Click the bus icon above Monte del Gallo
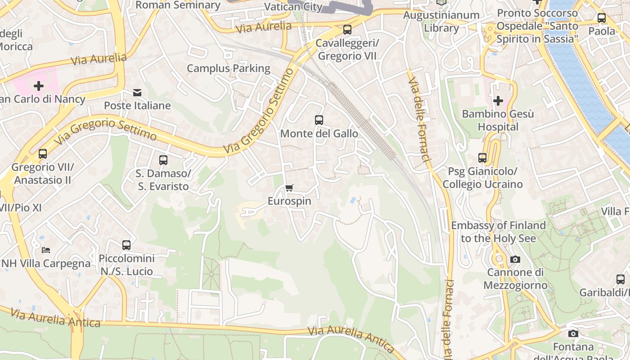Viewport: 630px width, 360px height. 319,120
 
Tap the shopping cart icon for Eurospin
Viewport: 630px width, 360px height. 289,188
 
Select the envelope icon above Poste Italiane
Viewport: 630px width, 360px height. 137,93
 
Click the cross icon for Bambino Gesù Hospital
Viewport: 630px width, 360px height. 498,100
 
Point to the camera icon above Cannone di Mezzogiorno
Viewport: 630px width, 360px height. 515,259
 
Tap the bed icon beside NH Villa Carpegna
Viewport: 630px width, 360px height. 46,250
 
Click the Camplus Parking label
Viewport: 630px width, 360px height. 228,68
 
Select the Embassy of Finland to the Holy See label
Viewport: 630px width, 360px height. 498,231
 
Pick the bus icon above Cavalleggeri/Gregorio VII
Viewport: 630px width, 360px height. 347,30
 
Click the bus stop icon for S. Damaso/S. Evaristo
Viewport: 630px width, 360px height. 163,160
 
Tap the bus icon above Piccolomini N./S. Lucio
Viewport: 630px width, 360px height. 126,245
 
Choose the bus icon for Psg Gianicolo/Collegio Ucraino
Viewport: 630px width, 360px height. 482,158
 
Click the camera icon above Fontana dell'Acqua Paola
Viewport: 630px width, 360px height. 573,333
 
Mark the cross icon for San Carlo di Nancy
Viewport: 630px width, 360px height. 39,85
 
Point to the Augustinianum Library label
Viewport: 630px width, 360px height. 441,21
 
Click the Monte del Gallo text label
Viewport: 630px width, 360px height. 319,134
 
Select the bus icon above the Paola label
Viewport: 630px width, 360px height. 601,18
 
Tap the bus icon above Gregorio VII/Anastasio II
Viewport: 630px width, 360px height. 43,154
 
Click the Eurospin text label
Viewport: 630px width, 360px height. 289,201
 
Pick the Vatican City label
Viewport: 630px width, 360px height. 293,7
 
